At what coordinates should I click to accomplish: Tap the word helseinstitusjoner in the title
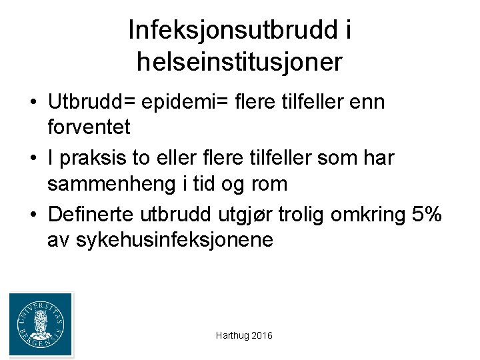coord(239,63)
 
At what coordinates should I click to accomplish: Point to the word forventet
coord(89,125)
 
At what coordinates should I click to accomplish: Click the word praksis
coord(87,159)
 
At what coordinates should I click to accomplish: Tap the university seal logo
coord(41,325)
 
